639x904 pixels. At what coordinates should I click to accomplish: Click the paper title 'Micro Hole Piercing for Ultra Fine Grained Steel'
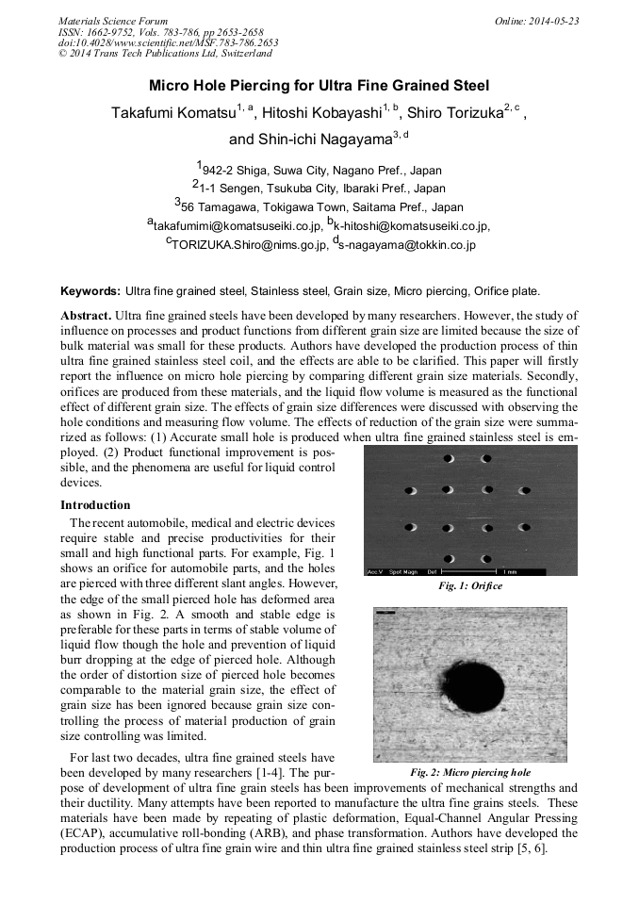(x=319, y=85)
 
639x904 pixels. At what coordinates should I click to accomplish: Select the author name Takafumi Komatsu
(x=172, y=113)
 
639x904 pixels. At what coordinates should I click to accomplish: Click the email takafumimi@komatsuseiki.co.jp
(x=232, y=226)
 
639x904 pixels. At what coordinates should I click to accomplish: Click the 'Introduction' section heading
(x=95, y=505)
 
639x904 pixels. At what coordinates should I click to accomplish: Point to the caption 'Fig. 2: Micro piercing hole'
(x=470, y=772)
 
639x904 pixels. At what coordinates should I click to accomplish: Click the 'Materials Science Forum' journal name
(x=113, y=20)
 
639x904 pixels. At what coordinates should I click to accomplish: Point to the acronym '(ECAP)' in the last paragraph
(x=80, y=833)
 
